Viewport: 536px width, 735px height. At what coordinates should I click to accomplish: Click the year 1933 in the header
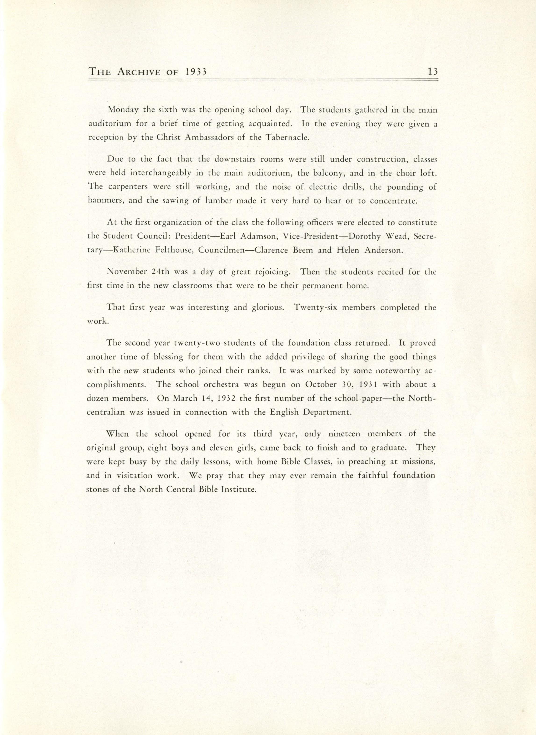click(x=193, y=72)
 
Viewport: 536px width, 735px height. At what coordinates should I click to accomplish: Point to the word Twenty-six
click(x=315, y=307)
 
